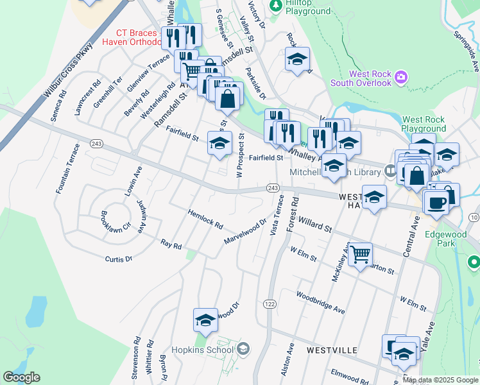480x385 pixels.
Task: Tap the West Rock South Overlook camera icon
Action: point(401,78)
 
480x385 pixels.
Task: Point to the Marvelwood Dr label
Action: point(244,232)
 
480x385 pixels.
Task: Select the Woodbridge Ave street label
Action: point(320,302)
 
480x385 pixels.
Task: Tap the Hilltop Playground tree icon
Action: point(276,6)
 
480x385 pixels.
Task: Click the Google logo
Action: point(21,377)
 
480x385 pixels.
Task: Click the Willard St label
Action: point(314,224)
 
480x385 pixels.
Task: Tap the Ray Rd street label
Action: point(171,244)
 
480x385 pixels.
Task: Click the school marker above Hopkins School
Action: point(205,319)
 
